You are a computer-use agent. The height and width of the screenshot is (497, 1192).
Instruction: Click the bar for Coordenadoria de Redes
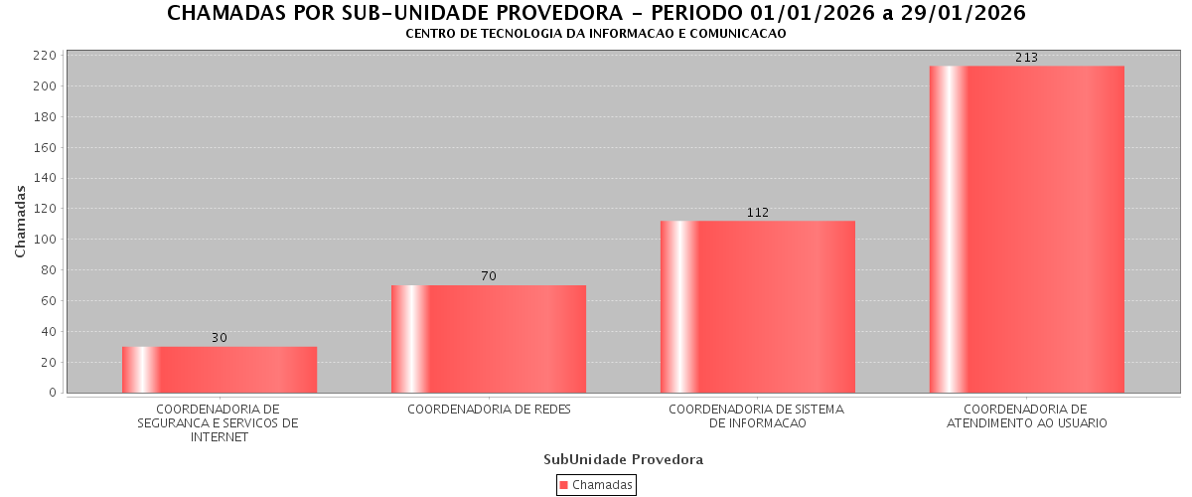[489, 339]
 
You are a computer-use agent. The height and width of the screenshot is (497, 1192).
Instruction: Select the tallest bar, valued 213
[1026, 230]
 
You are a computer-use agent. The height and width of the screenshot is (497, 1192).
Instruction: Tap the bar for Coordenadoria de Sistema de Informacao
[757, 307]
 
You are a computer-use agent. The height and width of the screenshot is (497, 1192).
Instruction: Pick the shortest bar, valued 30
[220, 370]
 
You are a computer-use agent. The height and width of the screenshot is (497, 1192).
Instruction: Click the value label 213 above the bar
[1026, 58]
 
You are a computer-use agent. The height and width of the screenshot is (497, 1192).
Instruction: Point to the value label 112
[758, 213]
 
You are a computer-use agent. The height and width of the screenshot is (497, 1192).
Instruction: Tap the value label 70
[489, 276]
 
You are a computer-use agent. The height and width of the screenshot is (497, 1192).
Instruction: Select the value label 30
[220, 338]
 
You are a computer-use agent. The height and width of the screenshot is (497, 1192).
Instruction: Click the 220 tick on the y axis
[44, 56]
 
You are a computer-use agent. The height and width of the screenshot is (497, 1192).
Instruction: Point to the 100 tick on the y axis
[44, 240]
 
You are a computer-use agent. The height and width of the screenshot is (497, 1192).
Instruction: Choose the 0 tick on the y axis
[51, 393]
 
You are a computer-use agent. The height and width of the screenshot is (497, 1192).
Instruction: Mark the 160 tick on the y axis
[44, 148]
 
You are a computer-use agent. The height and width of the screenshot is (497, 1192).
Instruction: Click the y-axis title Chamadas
[21, 221]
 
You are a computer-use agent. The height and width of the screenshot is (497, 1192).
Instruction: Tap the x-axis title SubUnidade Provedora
[623, 459]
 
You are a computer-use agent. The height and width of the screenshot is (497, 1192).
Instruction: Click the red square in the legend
[564, 485]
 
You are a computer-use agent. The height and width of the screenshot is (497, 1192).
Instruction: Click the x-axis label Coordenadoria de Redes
[489, 410]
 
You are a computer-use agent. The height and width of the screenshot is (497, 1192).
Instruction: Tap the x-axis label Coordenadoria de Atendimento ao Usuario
[1026, 416]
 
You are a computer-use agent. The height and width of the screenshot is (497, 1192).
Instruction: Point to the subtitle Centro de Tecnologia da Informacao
[595, 34]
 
